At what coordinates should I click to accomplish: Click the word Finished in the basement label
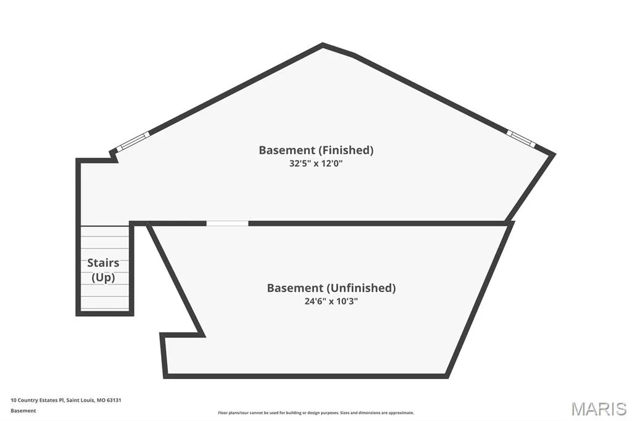click(346, 151)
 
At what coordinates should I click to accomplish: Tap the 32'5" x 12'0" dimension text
click(316, 164)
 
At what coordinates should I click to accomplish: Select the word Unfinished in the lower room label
click(361, 288)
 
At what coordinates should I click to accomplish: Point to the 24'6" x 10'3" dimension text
click(331, 301)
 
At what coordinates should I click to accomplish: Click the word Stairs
click(103, 263)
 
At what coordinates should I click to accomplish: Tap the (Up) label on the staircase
click(103, 278)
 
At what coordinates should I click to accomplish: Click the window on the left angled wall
click(133, 141)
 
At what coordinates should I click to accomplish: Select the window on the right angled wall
click(521, 138)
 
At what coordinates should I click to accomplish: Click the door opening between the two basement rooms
click(227, 223)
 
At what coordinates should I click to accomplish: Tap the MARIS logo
click(599, 409)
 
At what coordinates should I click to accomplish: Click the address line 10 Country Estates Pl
click(38, 401)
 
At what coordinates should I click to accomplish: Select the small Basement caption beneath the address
click(23, 411)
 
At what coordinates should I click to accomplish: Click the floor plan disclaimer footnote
click(316, 413)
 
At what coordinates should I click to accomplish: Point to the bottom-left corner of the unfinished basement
click(165, 376)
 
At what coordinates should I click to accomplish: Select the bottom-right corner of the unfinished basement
click(447, 376)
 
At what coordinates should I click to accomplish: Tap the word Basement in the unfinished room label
click(295, 288)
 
